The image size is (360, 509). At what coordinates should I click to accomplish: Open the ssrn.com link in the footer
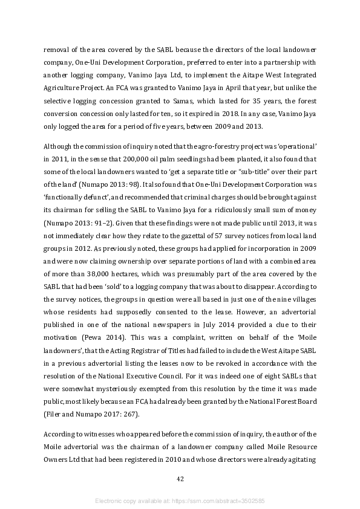click(x=229, y=501)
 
